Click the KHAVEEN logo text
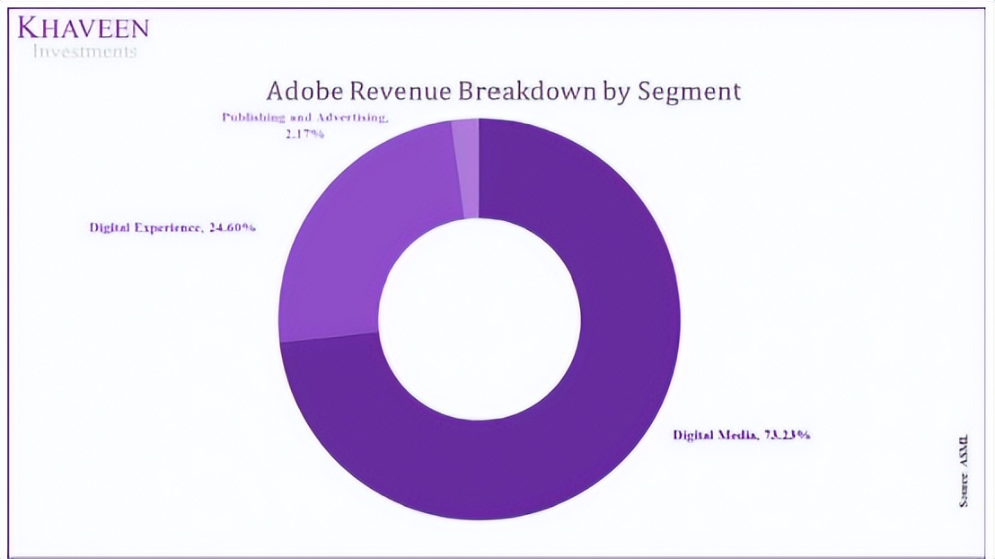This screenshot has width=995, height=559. pyautogui.click(x=83, y=28)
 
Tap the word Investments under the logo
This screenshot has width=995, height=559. pyautogui.click(x=84, y=51)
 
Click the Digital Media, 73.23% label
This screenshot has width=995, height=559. pyautogui.click(x=742, y=435)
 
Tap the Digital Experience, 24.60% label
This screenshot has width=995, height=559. pyautogui.click(x=172, y=227)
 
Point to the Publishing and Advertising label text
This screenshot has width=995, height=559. pyautogui.click(x=304, y=118)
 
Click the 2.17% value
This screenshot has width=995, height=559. pyautogui.click(x=306, y=134)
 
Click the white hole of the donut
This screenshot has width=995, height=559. pyautogui.click(x=479, y=318)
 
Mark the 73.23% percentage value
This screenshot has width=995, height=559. pyautogui.click(x=788, y=435)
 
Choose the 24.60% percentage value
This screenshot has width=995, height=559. pyautogui.click(x=233, y=227)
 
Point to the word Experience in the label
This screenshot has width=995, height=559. pyautogui.click(x=170, y=227)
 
